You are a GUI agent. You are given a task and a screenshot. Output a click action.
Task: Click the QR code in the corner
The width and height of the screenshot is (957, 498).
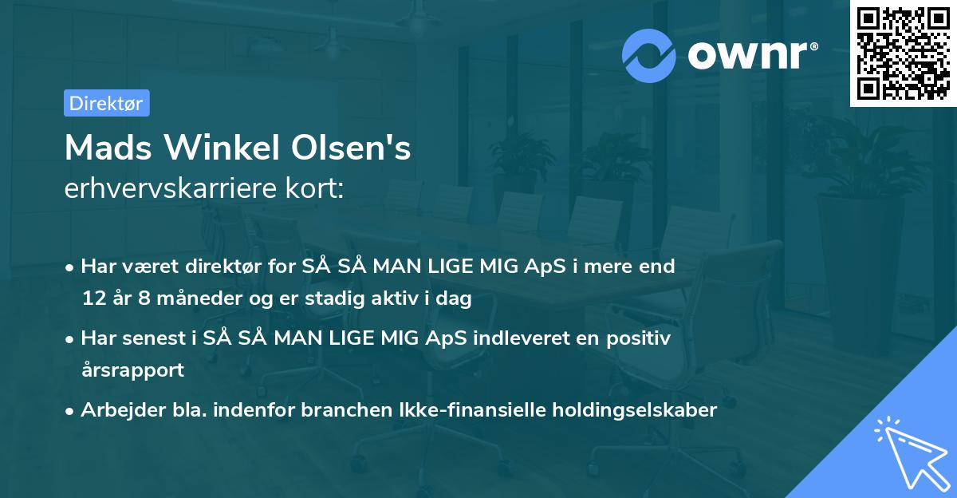[903, 53]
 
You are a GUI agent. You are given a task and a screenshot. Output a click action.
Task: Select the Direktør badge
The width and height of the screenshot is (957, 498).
[106, 103]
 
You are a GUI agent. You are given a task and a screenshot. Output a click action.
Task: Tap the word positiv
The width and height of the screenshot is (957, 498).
[638, 338]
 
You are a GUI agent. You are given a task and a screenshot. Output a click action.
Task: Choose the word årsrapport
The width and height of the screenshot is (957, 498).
[132, 370]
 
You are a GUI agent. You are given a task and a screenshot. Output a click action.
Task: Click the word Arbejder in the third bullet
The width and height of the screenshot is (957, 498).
[116, 410]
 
